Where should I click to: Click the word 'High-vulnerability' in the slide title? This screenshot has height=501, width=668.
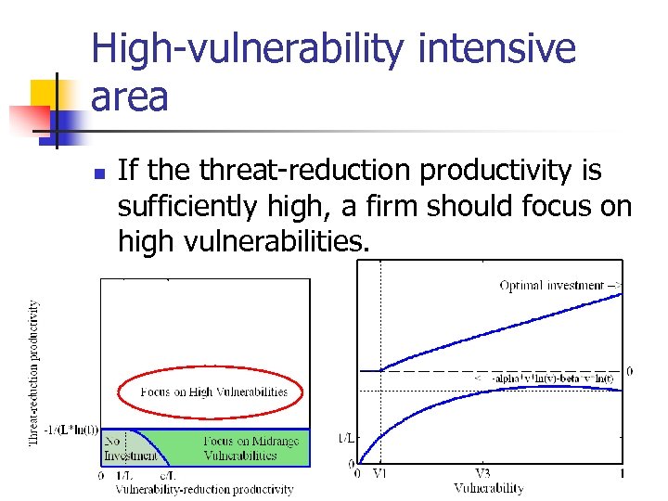[x=249, y=48]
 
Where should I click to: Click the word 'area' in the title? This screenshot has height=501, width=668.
[x=130, y=96]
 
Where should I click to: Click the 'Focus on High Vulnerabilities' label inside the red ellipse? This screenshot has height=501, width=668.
[x=213, y=392]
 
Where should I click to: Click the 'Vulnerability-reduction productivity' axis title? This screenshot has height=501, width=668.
[x=204, y=489]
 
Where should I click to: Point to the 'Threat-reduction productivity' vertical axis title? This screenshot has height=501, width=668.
[x=34, y=371]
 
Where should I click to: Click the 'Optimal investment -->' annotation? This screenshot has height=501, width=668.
[x=560, y=285]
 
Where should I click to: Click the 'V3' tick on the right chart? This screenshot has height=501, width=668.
[x=482, y=474]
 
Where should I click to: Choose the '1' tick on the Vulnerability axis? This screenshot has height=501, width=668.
[x=622, y=474]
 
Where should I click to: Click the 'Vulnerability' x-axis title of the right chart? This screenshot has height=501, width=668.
[x=489, y=488]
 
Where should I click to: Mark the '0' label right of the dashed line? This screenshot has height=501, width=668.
[x=630, y=371]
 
